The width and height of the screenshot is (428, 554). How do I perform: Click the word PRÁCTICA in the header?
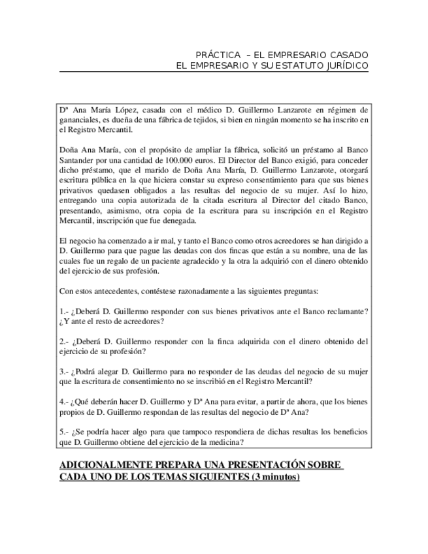tap(215, 54)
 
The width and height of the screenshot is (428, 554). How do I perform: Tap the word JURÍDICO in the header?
tap(344, 66)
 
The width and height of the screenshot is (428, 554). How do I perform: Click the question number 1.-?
tap(64, 311)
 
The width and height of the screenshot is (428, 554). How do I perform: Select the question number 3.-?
tap(64, 371)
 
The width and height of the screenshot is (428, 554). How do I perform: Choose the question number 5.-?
tap(64, 432)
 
